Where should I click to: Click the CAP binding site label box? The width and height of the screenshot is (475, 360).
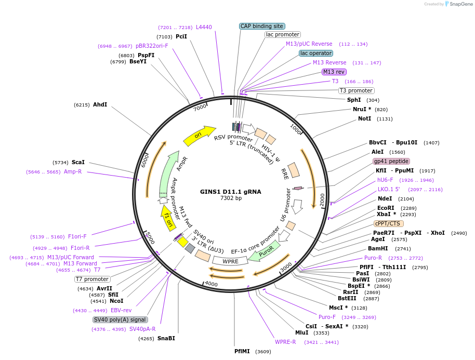tap(261, 26)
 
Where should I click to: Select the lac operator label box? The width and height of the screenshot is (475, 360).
tap(316, 53)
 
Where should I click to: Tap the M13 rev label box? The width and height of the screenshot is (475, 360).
tap(334, 72)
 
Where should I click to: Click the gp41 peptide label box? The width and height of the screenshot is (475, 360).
tap(391, 161)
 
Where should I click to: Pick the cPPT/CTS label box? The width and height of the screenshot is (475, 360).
tap(388, 223)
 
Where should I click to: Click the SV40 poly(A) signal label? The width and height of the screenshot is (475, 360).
tap(120, 319)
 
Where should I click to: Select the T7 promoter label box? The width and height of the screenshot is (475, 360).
tap(93, 279)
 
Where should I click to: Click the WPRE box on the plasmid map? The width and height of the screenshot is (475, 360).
tap(230, 261)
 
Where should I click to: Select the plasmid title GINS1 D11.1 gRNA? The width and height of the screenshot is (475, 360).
tap(231, 191)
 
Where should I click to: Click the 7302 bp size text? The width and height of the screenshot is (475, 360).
tap(231, 198)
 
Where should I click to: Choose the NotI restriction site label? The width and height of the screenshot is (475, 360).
tap(364, 118)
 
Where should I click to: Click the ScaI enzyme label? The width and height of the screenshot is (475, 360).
tap(78, 162)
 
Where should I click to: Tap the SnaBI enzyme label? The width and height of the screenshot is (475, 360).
tap(166, 338)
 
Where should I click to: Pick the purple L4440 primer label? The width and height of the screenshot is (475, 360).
tap(204, 27)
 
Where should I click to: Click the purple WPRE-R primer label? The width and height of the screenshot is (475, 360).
tap(285, 342)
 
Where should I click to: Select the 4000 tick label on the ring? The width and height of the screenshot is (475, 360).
tap(211, 284)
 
